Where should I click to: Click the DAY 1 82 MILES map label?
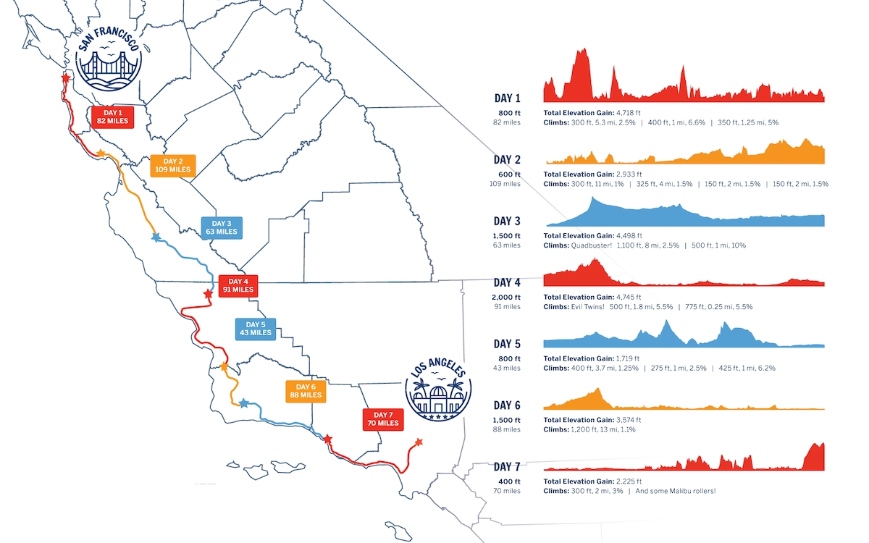pyautogui.click(x=113, y=117)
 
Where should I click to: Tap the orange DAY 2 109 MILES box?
pyautogui.click(x=172, y=165)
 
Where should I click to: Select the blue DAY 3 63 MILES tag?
pyautogui.click(x=223, y=228)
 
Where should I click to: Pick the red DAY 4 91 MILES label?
pyautogui.click(x=238, y=285)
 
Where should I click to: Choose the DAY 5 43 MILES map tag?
pyautogui.click(x=255, y=328)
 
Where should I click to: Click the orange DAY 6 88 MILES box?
pyautogui.click(x=306, y=391)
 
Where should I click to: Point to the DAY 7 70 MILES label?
pyautogui.click(x=382, y=418)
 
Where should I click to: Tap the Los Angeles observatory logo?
pyautogui.click(x=438, y=391)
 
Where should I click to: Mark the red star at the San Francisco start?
pyautogui.click(x=66, y=77)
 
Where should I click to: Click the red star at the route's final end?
pyautogui.click(x=418, y=442)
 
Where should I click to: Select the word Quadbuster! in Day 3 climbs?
pyautogui.click(x=595, y=245)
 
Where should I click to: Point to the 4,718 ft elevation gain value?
pyautogui.click(x=628, y=113)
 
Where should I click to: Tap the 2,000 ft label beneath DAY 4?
pyautogui.click(x=508, y=297)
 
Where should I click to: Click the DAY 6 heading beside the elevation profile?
pyautogui.click(x=507, y=405)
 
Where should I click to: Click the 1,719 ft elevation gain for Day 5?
pyautogui.click(x=628, y=359)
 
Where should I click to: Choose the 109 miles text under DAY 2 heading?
pyautogui.click(x=505, y=184)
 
